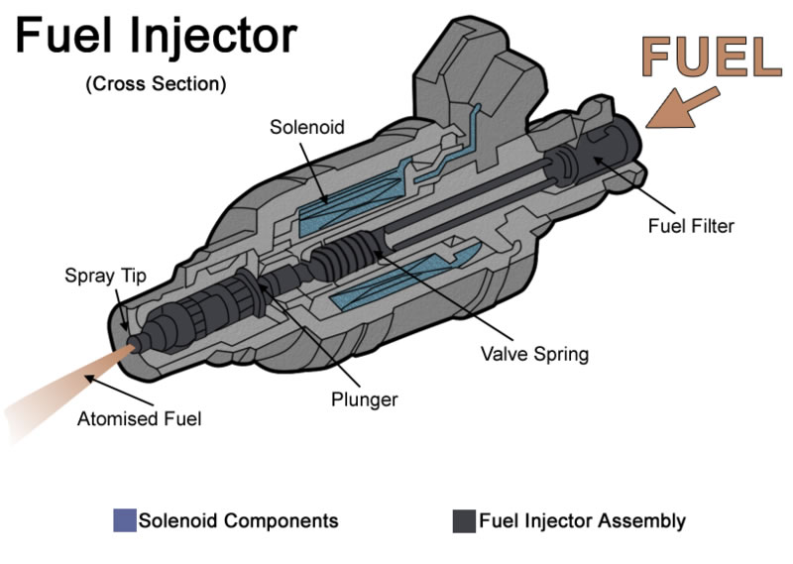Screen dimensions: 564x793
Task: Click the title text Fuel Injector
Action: [x=156, y=37]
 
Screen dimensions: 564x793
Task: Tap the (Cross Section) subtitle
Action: [x=156, y=84]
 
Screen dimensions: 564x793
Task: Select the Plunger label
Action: [x=365, y=399]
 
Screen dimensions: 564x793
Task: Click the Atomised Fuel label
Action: [x=139, y=418]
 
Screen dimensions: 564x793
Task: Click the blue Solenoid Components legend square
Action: [x=125, y=520]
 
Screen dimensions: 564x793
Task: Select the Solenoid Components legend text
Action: [x=238, y=520]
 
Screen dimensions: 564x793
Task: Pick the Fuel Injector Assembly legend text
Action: [x=582, y=520]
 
